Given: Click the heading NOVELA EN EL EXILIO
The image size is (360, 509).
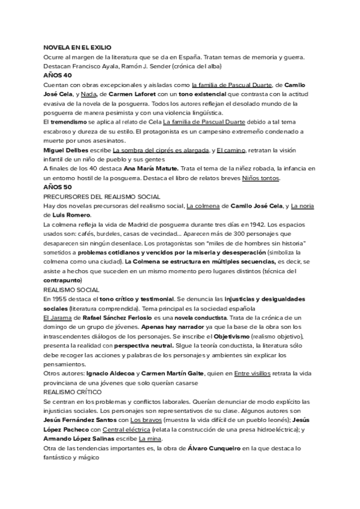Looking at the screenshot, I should (77, 47).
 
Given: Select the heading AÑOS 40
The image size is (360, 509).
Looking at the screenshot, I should (58, 76).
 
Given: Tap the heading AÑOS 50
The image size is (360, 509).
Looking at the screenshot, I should (58, 187).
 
